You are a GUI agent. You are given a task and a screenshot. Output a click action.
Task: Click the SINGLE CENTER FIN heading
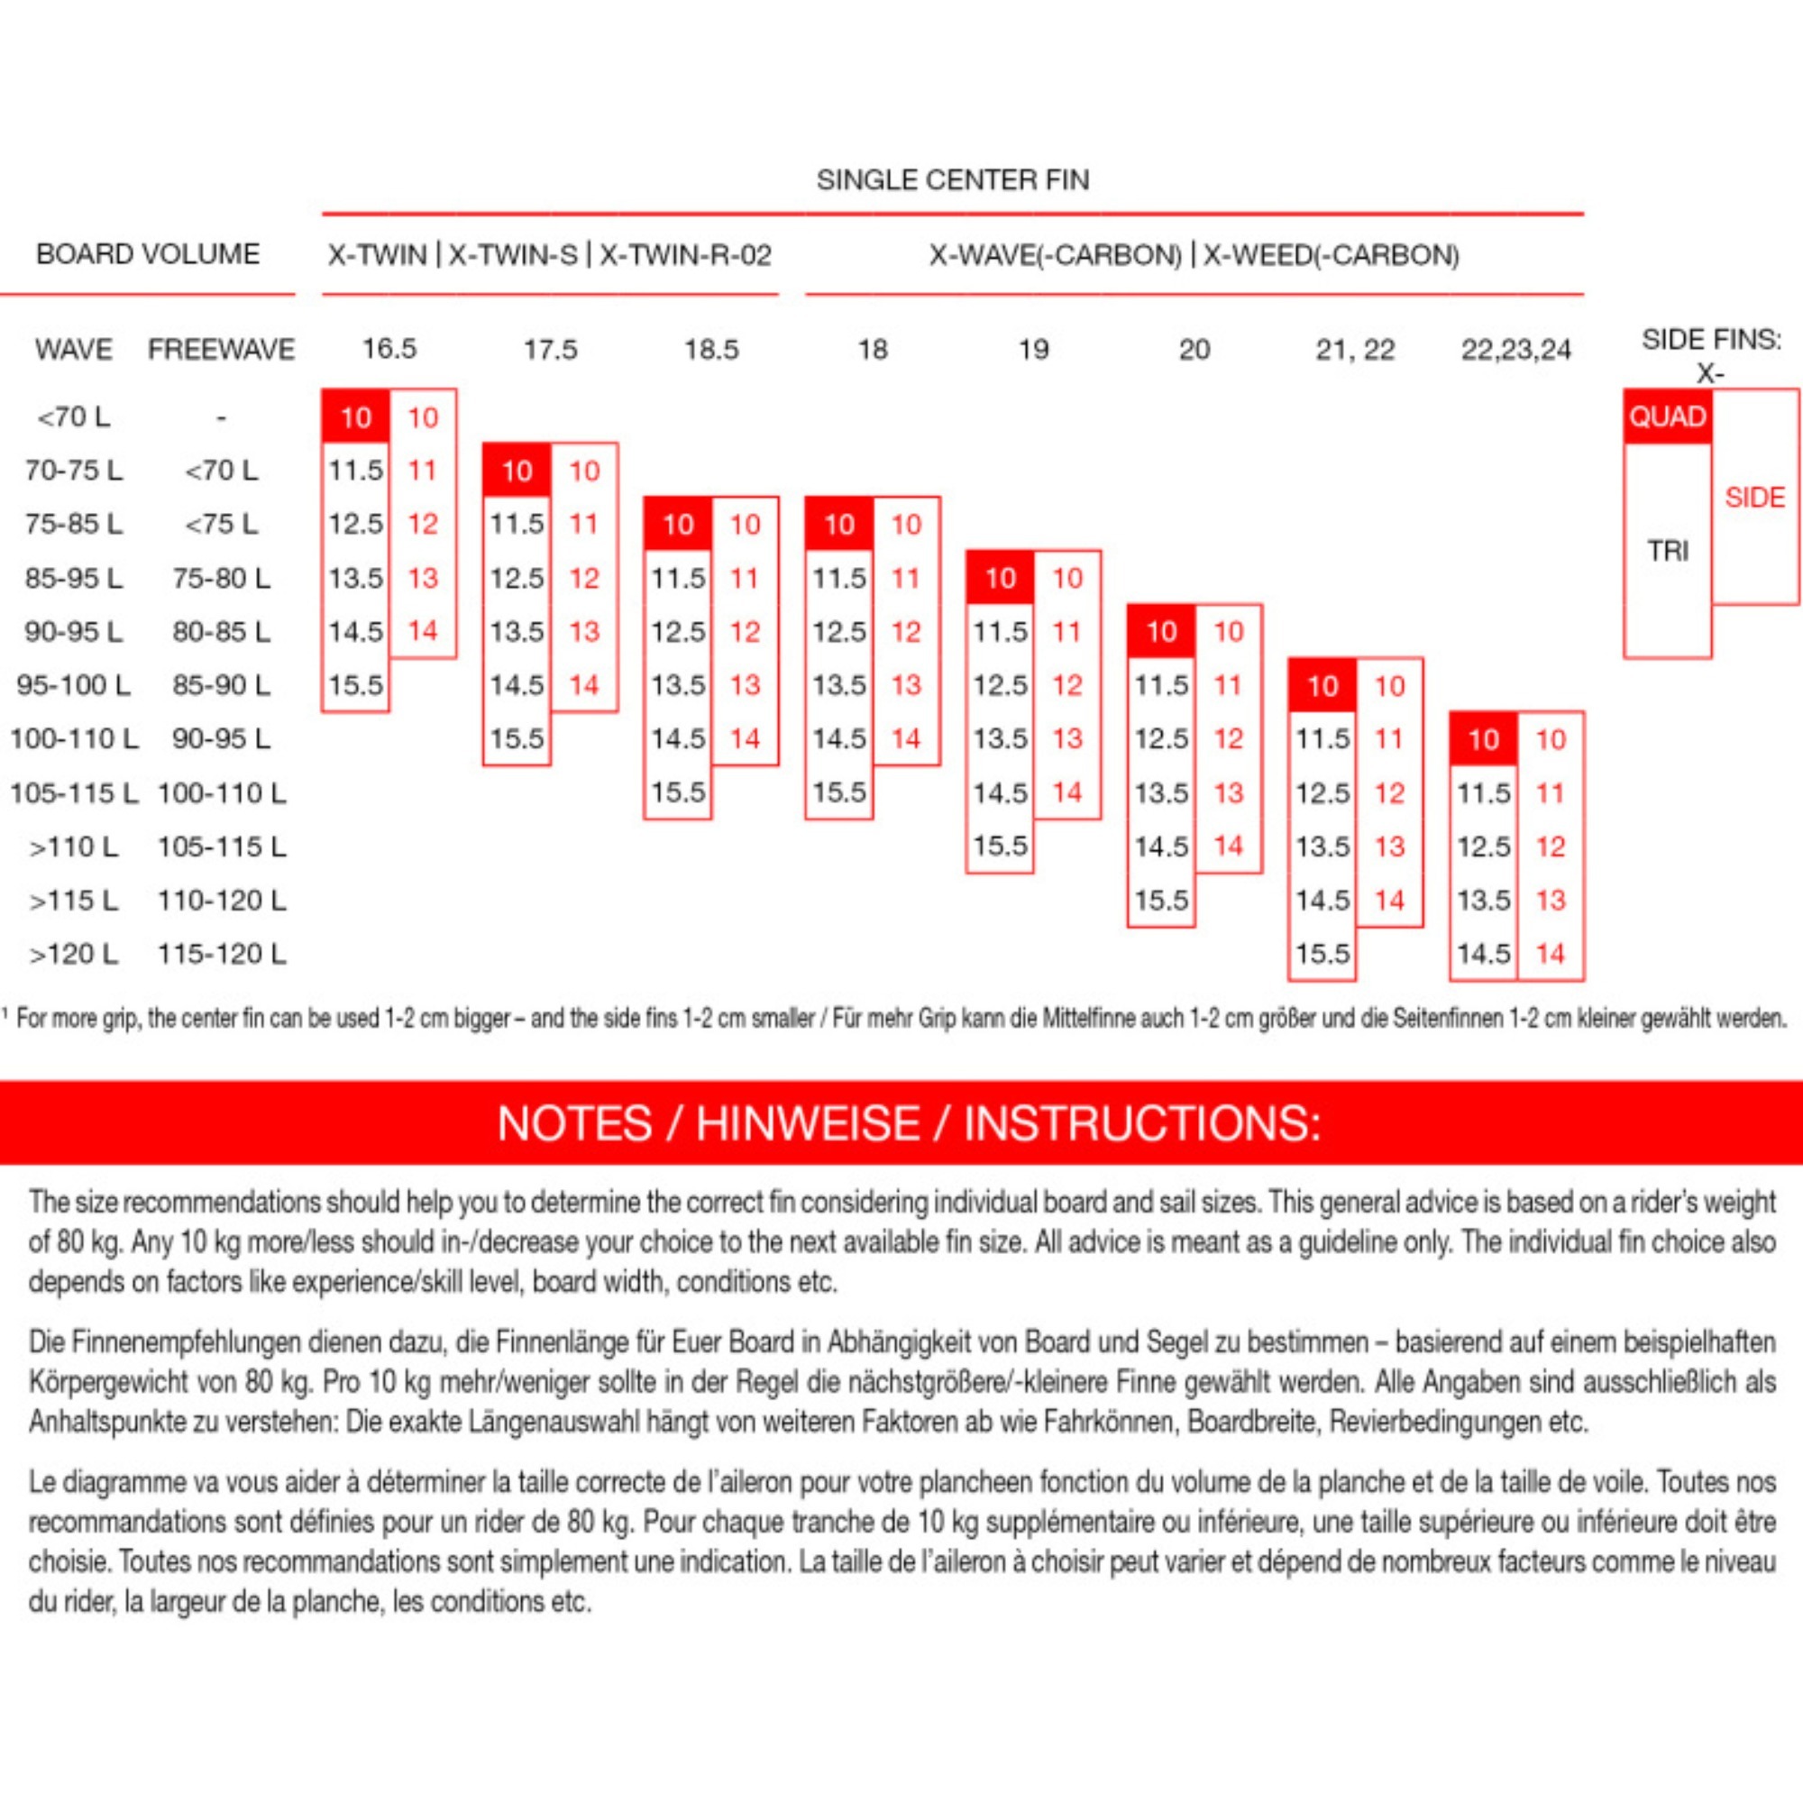point(952,179)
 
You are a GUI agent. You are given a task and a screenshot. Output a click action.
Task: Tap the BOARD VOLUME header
point(148,254)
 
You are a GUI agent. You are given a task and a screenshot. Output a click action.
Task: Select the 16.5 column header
point(389,349)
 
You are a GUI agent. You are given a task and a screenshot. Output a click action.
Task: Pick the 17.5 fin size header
point(550,350)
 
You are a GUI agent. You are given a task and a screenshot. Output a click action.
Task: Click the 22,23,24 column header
point(1515,350)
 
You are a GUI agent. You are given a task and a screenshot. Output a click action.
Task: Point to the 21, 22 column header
point(1355,350)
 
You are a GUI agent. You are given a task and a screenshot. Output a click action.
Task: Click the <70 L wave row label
point(73,416)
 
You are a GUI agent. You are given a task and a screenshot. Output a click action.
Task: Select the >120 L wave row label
point(73,954)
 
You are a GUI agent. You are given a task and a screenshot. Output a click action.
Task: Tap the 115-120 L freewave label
point(221,954)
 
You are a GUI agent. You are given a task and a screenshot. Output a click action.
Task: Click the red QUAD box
point(1667,416)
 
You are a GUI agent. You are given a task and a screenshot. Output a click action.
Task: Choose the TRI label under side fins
point(1667,551)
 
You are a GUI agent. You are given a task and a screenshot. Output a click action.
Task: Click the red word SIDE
point(1754,498)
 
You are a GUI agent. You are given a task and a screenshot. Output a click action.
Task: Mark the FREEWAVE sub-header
point(221,350)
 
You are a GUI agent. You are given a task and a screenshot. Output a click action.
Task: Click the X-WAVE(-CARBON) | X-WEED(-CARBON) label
point(1194,255)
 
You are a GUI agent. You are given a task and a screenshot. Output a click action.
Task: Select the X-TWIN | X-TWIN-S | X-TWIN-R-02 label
point(550,255)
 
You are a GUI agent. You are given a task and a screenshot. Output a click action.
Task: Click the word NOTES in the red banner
point(574,1122)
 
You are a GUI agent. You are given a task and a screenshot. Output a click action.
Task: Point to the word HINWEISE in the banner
point(807,1122)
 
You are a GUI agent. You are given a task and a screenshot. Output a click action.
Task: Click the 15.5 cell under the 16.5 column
point(355,685)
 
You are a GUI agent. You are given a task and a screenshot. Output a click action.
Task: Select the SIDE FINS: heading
point(1711,340)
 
